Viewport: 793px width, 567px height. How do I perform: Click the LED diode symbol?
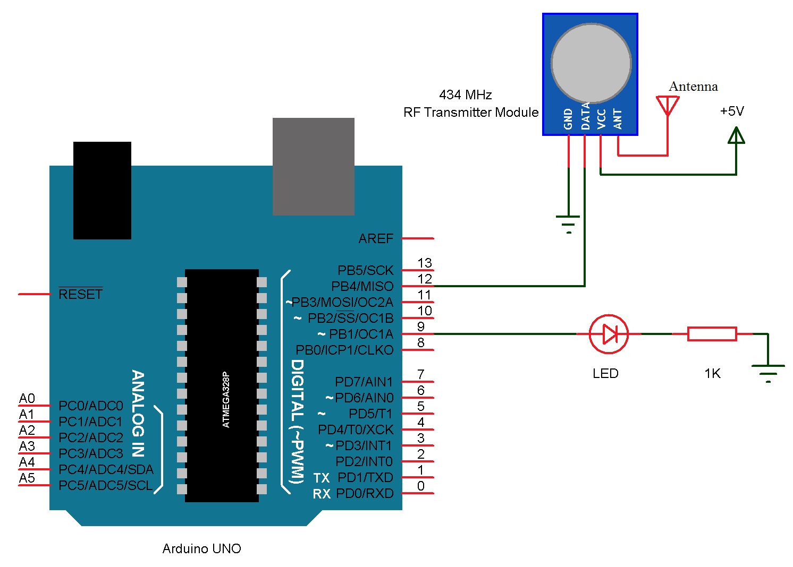coord(609,334)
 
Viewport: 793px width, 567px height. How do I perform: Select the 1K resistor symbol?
coord(712,334)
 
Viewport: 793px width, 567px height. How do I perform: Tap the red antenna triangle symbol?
coord(668,105)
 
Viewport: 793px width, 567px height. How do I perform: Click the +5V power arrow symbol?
coord(736,135)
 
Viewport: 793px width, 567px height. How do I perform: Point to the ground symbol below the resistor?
coord(768,373)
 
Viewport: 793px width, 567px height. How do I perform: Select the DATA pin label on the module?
coord(585,116)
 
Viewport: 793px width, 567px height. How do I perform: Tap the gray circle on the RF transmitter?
coord(590,63)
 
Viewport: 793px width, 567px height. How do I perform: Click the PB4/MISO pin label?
coord(362,287)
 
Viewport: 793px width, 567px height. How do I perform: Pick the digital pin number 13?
coord(425,263)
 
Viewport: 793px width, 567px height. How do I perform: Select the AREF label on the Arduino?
coord(376,239)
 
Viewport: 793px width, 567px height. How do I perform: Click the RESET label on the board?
coord(80,294)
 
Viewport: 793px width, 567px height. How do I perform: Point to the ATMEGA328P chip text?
coord(226,399)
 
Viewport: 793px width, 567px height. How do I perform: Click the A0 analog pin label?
coord(27,399)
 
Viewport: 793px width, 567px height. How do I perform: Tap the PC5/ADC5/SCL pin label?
coord(105,486)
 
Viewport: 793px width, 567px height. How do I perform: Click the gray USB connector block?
coord(314,166)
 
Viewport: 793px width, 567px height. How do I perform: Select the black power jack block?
coord(102,190)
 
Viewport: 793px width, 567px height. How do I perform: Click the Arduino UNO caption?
coord(201,548)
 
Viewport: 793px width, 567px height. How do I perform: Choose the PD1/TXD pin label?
coord(365,478)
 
